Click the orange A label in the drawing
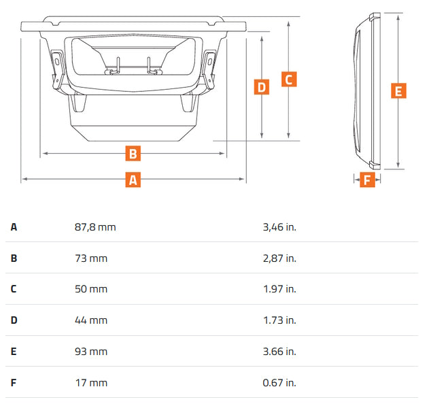134,180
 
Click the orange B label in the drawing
134,154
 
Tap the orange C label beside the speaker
288,79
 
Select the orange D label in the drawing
262,87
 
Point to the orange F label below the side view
367,180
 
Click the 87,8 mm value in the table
95,226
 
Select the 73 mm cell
91,258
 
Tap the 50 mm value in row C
91,289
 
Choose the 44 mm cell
91,320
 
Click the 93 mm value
91,352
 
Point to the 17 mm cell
91,383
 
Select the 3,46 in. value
279,226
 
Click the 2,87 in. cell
279,258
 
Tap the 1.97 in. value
279,289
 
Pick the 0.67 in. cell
279,383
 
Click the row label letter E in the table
14,352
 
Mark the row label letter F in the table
14,383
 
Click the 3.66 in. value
279,352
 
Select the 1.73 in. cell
279,320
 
